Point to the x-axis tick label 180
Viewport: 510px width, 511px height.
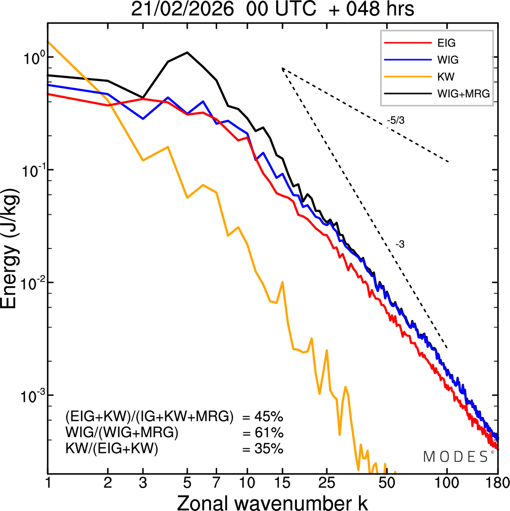(x=498, y=483)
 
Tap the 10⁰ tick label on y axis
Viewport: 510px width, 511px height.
(x=32, y=58)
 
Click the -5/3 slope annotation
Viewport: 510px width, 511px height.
(x=396, y=120)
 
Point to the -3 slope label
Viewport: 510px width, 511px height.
(x=400, y=245)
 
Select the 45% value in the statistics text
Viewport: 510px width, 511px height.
(x=269, y=417)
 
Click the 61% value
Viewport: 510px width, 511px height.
(x=269, y=433)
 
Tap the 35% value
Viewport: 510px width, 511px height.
(x=269, y=449)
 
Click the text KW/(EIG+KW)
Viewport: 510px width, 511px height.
(x=112, y=449)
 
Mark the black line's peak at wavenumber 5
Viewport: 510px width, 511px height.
(x=187, y=52)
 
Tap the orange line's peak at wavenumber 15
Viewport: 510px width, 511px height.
(x=282, y=282)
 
